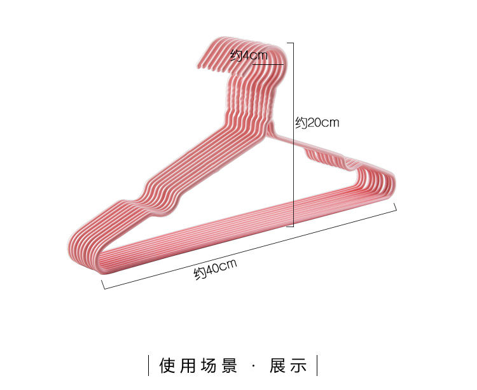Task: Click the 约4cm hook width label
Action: pos(249,55)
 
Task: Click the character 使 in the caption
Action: pos(167,366)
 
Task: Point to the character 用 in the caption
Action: pos(190,366)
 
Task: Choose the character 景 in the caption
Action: pos(231,366)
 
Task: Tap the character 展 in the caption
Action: pos(277,366)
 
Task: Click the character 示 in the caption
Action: pos(299,366)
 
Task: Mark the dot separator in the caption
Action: pos(254,366)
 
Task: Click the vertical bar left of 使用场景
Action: pos(149,366)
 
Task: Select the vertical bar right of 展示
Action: pos(317,366)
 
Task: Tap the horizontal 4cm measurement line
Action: pos(267,64)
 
